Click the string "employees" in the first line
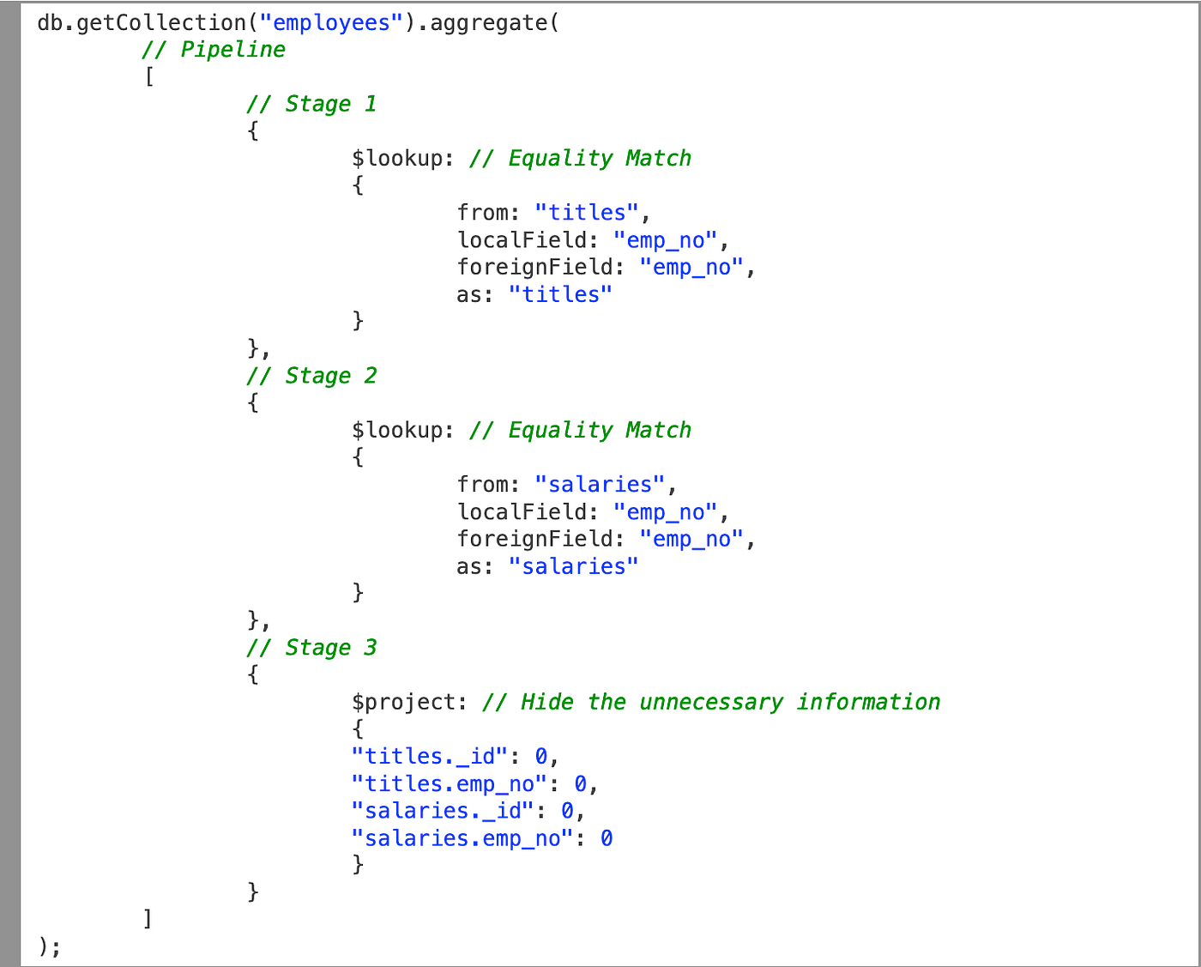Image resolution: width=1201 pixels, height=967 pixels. (x=331, y=23)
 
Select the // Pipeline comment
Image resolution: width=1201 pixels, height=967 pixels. (x=214, y=50)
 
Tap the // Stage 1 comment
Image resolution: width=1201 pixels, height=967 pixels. (x=311, y=104)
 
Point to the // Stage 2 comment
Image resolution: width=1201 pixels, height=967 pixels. (x=311, y=376)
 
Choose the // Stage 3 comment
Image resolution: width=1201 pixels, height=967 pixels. (x=311, y=648)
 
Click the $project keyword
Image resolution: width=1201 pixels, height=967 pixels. (x=403, y=702)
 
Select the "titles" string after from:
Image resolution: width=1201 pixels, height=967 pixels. (x=587, y=213)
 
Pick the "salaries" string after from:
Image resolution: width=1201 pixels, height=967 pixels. (x=600, y=485)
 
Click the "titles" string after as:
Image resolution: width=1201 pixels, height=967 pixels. (x=560, y=294)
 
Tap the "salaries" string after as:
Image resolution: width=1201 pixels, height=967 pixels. (x=573, y=566)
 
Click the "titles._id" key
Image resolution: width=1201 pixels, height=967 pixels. (x=430, y=756)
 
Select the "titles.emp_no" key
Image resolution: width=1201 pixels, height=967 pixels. (x=450, y=783)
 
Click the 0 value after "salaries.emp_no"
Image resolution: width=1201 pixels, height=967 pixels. (x=607, y=838)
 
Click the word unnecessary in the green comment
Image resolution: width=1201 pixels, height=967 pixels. (x=711, y=702)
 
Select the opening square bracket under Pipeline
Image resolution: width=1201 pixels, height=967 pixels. (x=149, y=77)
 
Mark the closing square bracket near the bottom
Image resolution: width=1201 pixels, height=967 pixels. (x=148, y=919)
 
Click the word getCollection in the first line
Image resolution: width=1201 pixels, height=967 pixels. (x=161, y=23)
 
